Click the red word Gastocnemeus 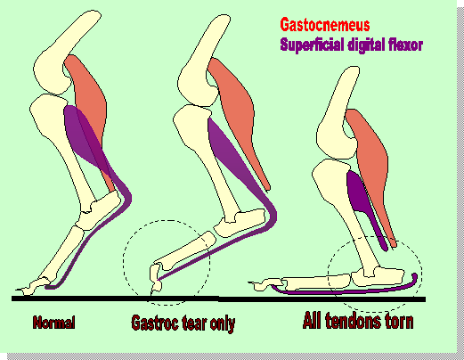coord(325,25)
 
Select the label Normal coord(53,323)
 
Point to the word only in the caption coord(223,323)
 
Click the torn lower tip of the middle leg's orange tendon coord(268,188)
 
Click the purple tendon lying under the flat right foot coord(345,290)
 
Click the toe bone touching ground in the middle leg coord(156,278)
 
